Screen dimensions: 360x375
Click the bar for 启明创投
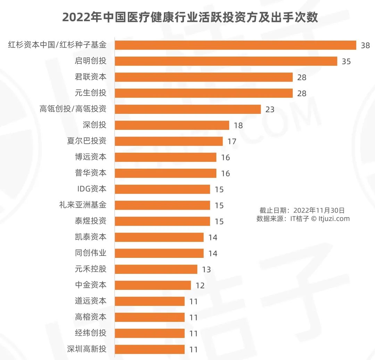226,61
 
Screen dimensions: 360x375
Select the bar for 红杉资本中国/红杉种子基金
235,45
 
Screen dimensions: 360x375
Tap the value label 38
365,45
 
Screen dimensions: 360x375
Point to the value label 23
270,109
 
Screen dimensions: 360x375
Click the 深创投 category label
94,125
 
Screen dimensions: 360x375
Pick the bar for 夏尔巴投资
169,141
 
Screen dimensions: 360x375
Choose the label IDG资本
92,189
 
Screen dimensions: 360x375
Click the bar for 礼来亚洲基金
162,205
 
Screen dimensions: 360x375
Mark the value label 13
206,269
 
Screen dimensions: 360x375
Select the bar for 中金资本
153,285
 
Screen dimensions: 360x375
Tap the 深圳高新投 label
86,349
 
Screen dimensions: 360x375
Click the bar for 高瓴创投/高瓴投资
187,109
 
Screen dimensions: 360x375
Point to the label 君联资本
91,77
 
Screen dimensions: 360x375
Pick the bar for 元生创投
204,93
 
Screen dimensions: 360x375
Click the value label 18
238,125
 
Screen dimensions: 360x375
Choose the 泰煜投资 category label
91,221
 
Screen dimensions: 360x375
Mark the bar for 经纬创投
150,333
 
